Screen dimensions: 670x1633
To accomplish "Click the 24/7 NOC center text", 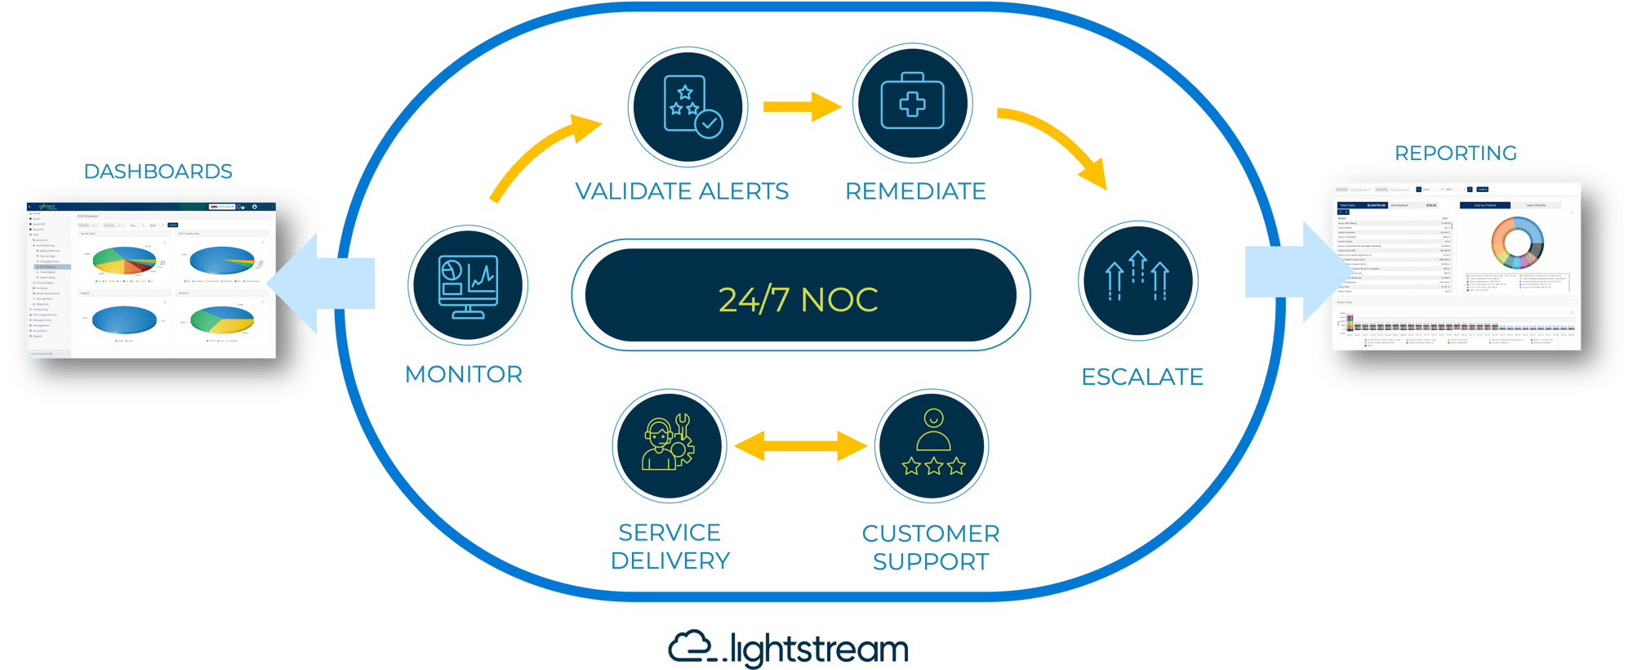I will click(x=798, y=300).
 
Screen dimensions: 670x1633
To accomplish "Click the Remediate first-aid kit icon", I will click(x=912, y=104).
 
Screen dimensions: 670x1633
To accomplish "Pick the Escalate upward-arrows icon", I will click(x=1137, y=279).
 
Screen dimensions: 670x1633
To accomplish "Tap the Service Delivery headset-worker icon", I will click(x=669, y=444).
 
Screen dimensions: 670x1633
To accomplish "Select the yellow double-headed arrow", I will click(x=800, y=446).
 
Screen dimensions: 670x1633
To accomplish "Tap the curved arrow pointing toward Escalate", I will click(x=1057, y=143).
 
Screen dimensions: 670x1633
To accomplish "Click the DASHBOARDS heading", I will click(x=158, y=172).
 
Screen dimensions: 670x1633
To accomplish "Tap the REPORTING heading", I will click(x=1456, y=154).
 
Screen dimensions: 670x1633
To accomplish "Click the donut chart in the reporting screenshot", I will click(x=1517, y=243).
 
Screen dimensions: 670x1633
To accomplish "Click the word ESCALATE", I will click(x=1141, y=377).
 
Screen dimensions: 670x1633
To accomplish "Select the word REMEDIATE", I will click(x=915, y=191).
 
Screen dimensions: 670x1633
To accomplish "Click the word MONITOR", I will click(x=464, y=375).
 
